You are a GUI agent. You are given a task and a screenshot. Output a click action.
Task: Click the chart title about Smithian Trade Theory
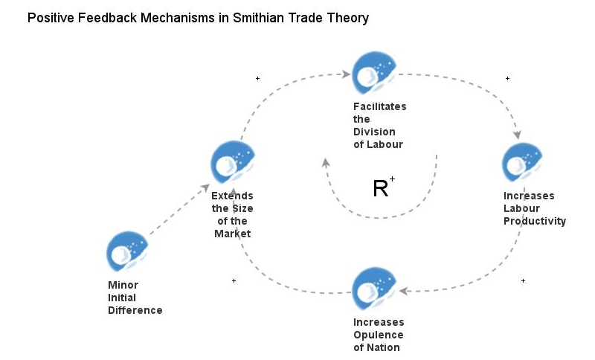tap(198, 18)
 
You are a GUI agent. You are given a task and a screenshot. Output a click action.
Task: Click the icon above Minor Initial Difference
tap(127, 251)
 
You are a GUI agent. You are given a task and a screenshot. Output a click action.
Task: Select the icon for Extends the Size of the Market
tap(232, 161)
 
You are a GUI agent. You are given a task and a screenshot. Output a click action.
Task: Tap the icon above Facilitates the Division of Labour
tap(373, 72)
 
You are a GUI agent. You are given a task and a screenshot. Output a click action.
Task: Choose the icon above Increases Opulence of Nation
tap(373, 288)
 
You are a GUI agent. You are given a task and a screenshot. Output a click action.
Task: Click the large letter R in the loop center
tap(380, 189)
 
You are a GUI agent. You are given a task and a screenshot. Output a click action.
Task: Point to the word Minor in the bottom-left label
tap(123, 285)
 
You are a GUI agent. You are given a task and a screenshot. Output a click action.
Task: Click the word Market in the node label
tap(232, 234)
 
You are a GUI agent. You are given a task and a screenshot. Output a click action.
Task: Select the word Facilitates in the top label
tap(379, 106)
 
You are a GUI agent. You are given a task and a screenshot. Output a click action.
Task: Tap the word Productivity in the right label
tap(534, 221)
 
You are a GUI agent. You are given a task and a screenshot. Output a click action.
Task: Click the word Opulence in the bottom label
tap(379, 335)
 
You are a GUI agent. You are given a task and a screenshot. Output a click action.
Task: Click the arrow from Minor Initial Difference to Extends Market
tap(178, 210)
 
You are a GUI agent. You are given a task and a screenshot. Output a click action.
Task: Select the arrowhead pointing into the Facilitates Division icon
tap(346, 74)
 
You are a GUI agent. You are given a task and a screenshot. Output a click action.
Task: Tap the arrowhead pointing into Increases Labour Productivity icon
tap(518, 135)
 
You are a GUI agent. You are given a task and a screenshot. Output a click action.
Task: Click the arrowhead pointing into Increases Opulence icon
tap(403, 291)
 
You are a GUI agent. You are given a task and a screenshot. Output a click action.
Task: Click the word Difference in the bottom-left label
tap(135, 310)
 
